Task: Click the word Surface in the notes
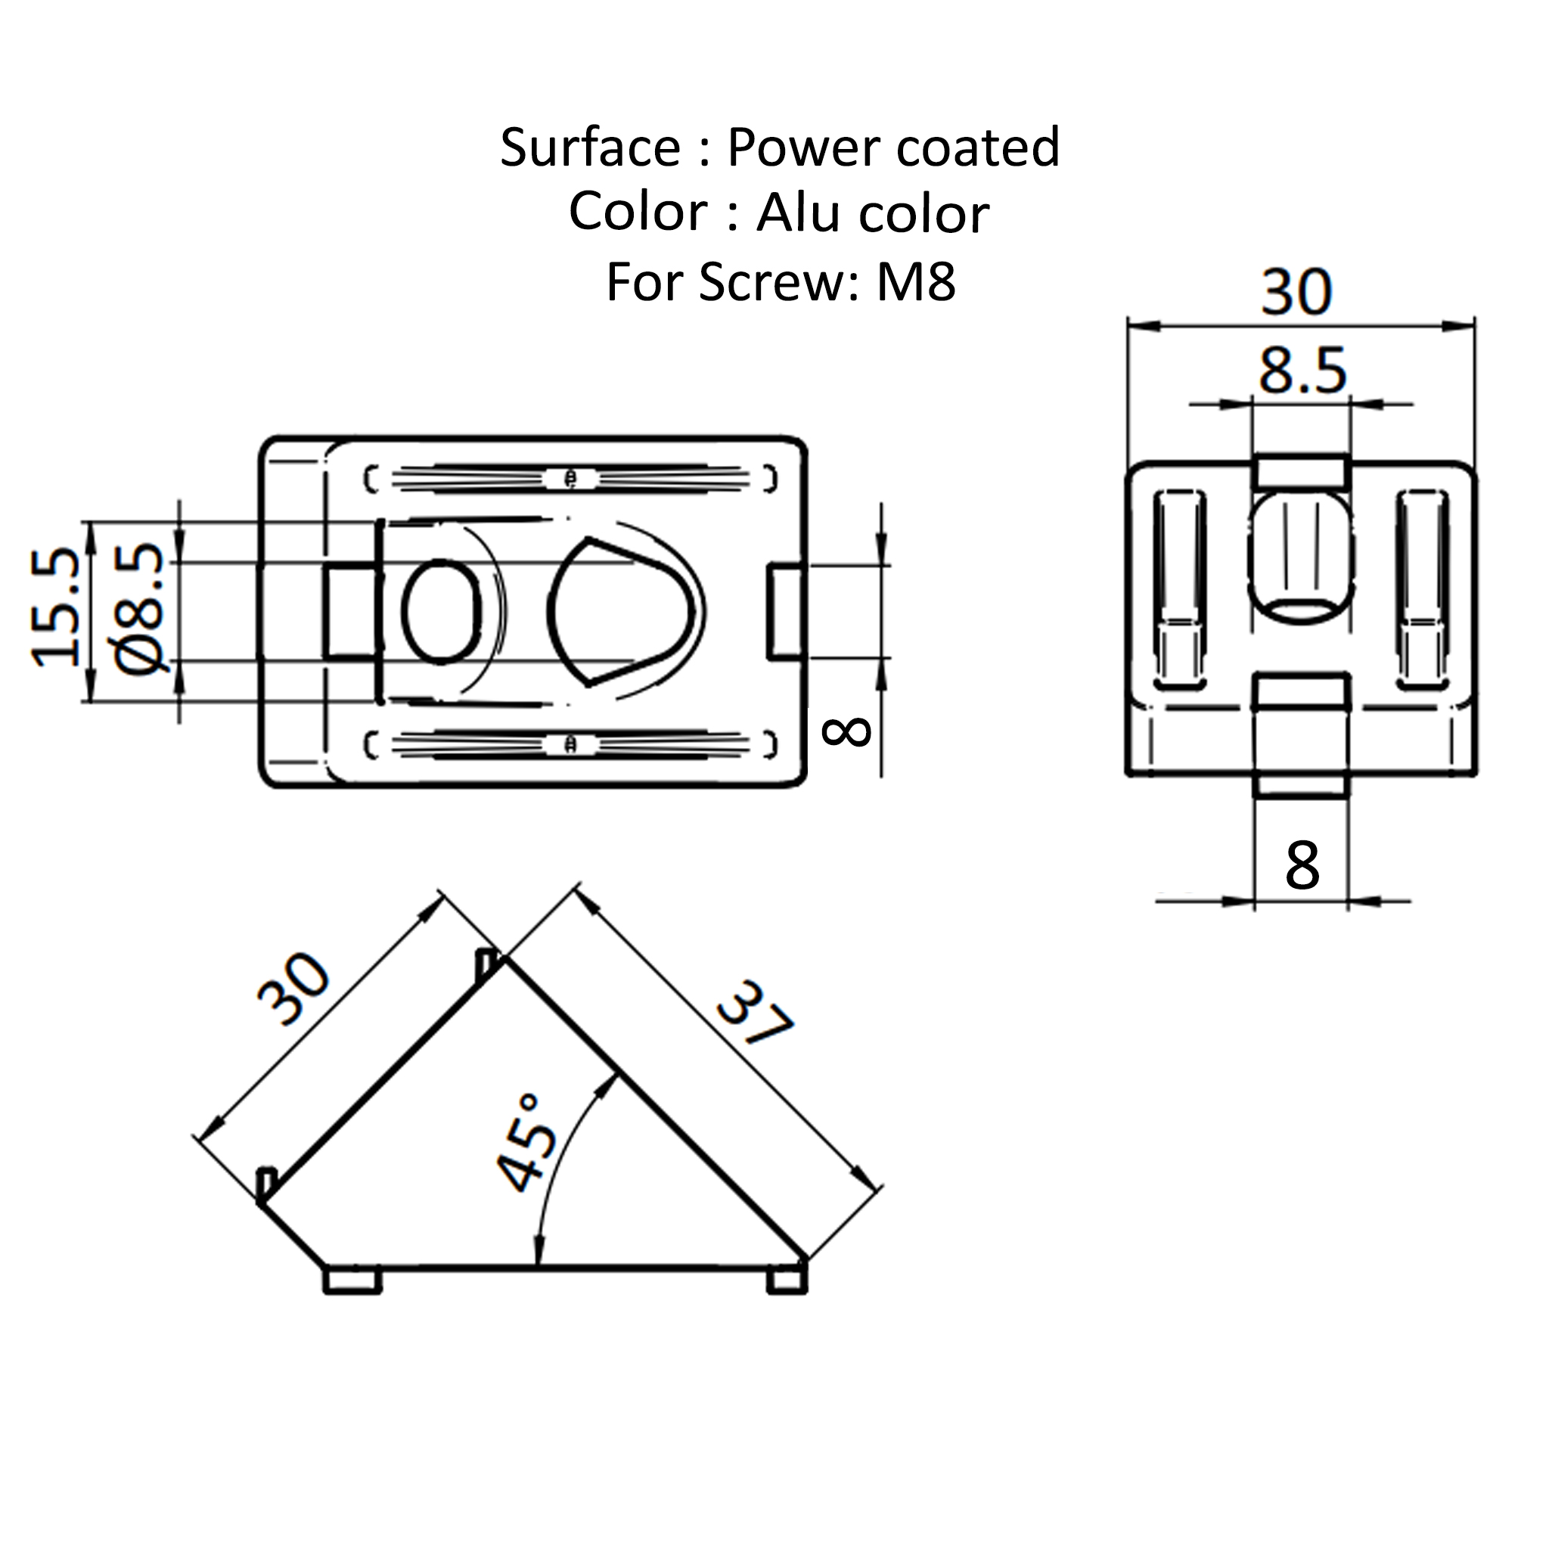[590, 147]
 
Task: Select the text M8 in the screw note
[916, 282]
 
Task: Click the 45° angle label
[525, 1143]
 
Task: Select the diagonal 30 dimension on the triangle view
[293, 990]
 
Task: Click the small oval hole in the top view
[442, 612]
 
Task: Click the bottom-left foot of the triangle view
[352, 1280]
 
